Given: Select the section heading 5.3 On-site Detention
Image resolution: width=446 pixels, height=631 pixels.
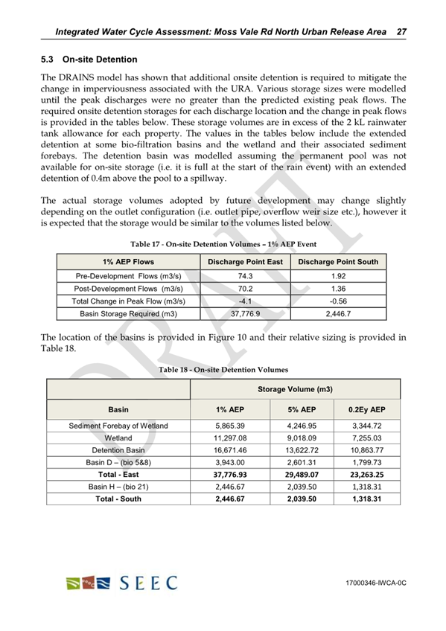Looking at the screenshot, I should coord(89,58).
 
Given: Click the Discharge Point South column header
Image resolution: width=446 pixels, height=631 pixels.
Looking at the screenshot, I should coord(338,262).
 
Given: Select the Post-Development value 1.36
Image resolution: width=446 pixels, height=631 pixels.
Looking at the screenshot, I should coord(338,289).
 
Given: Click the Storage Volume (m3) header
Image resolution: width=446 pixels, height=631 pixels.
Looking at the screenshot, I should coord(295,389).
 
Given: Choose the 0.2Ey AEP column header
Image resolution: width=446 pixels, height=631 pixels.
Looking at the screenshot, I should coord(366,410).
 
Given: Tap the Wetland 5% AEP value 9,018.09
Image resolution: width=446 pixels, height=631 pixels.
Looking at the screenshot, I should coord(296,438).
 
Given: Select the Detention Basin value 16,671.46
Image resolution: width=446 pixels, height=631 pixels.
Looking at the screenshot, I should coord(225,451).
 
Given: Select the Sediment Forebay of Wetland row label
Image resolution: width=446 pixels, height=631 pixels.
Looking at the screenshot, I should coord(118,426).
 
